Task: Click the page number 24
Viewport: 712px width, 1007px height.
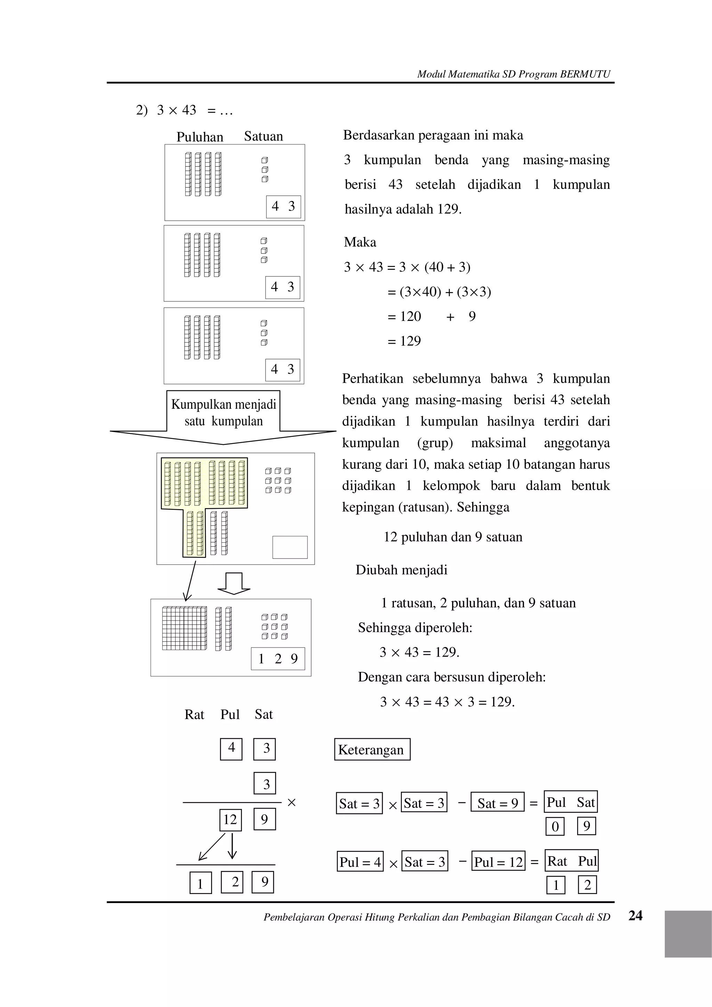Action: tap(635, 915)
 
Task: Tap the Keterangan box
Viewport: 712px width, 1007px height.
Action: tap(372, 749)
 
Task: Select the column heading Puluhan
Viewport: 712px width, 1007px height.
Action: tap(200, 137)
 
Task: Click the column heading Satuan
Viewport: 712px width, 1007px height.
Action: tap(263, 136)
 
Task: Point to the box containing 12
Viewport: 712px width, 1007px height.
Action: tap(230, 820)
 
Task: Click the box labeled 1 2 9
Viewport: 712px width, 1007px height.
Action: tap(278, 658)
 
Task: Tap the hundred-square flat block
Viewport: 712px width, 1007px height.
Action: tap(184, 628)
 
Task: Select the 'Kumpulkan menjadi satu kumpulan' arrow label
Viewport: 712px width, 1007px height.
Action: tap(223, 413)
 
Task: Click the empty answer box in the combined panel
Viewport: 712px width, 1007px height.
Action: tap(290, 547)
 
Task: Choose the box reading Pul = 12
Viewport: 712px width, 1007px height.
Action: tap(498, 862)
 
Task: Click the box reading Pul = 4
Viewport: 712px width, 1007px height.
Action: tap(360, 862)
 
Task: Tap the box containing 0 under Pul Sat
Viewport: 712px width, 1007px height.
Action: tap(555, 827)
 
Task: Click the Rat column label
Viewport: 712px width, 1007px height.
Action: tap(194, 714)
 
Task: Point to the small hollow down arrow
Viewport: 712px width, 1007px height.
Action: tap(234, 583)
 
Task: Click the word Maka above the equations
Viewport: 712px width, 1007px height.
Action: tap(360, 242)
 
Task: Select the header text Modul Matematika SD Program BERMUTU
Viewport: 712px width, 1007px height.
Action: tap(513, 74)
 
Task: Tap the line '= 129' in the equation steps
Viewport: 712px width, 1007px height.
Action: tap(404, 341)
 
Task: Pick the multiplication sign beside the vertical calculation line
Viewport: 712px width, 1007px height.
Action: tap(291, 803)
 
